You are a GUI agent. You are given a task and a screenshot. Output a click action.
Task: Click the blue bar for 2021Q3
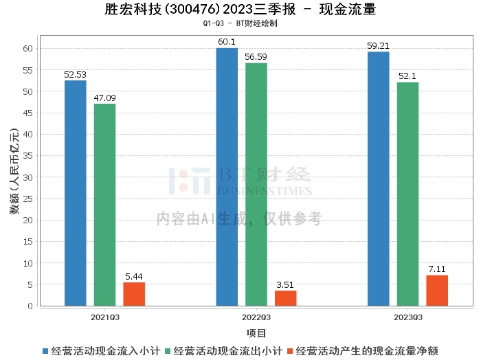76,193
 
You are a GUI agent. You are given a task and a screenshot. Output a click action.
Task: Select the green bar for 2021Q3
104,205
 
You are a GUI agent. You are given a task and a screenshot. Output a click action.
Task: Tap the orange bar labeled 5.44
134,294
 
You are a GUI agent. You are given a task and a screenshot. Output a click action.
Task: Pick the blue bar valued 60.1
227,177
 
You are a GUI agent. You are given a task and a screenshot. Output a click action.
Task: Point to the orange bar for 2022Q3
286,298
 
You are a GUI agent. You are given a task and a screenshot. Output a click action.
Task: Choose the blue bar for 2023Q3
378,179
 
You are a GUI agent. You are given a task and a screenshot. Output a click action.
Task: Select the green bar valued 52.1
407,194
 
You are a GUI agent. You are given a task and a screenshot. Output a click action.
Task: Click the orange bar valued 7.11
437,291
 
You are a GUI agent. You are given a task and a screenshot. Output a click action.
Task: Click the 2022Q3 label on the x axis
256,317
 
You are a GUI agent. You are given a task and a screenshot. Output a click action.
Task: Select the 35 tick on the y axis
28,156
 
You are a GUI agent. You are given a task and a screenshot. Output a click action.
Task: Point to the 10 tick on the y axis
28,263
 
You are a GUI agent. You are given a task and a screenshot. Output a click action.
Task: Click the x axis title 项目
256,333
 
